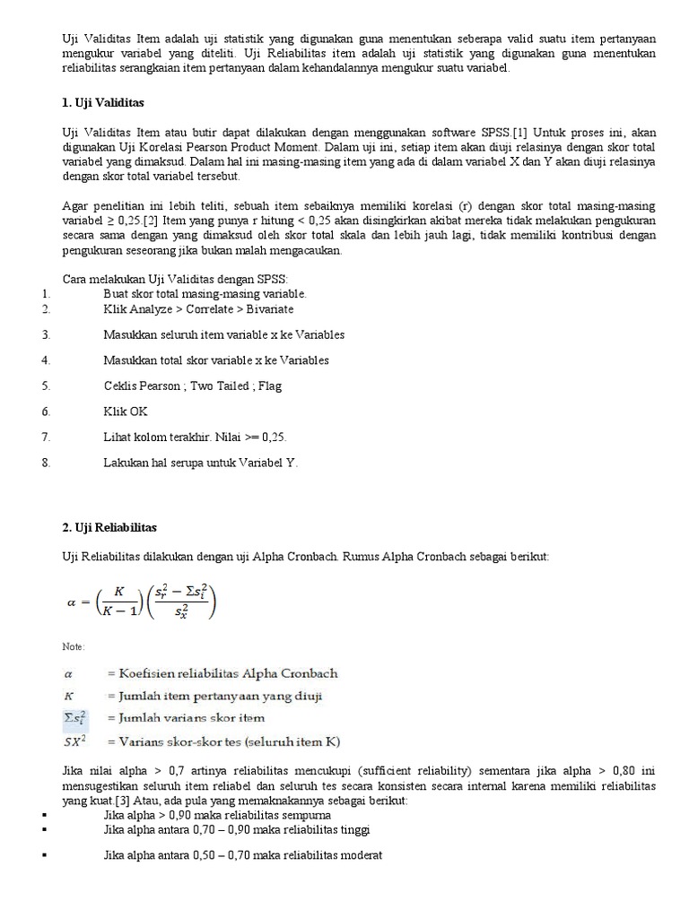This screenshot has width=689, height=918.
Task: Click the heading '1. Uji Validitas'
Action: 104,104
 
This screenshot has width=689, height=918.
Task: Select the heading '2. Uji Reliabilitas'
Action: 109,526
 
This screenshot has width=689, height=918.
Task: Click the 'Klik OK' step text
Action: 126,411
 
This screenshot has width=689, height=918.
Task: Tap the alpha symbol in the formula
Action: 74,602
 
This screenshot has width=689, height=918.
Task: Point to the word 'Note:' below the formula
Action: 73,647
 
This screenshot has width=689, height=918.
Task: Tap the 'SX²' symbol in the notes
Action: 77,740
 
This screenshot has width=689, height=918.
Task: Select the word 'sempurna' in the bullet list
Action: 304,815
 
